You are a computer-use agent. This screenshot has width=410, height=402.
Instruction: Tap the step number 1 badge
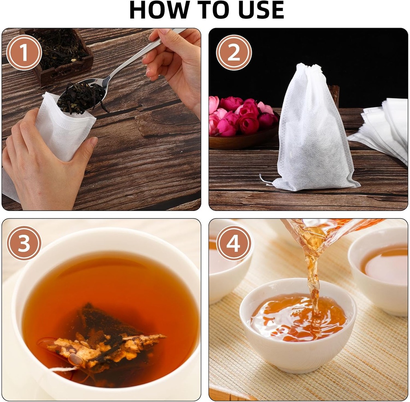click(24, 52)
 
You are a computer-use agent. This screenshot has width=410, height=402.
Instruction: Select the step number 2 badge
click(234, 52)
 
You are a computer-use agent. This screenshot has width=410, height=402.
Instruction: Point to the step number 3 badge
click(24, 243)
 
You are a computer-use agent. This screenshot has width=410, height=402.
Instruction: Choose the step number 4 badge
click(234, 243)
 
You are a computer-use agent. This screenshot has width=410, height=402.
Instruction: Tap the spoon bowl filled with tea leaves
click(82, 96)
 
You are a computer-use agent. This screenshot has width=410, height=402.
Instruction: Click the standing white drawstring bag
click(312, 132)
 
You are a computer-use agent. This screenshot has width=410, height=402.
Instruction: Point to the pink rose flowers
click(240, 116)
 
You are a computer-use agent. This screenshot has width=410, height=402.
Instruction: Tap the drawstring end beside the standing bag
click(265, 180)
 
